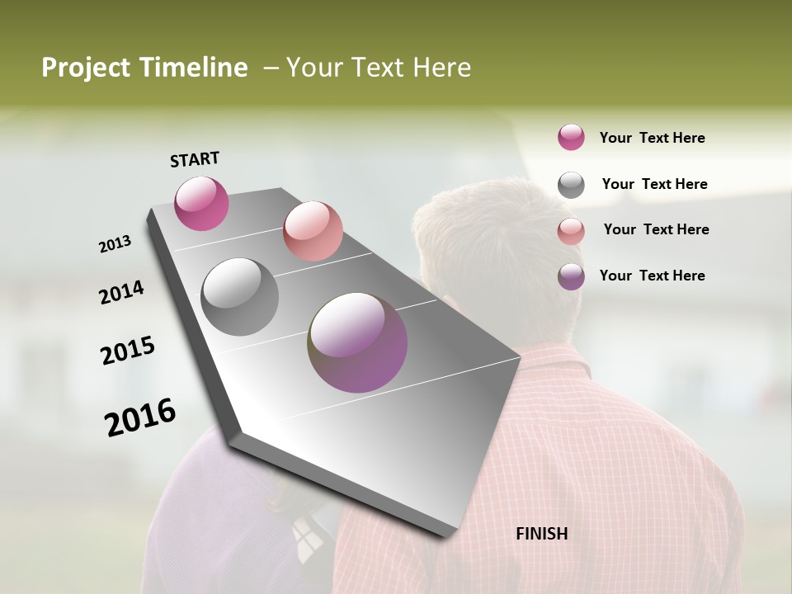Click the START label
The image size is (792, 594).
click(x=195, y=159)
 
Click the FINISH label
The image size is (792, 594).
click(x=542, y=534)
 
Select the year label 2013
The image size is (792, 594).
click(x=115, y=244)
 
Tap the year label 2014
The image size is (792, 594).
click(x=122, y=292)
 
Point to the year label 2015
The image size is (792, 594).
click(x=128, y=351)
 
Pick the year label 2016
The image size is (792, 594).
click(x=140, y=417)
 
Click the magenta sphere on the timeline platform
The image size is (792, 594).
click(x=201, y=203)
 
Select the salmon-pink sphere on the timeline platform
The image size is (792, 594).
click(x=313, y=231)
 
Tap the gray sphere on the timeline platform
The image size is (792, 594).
click(x=240, y=297)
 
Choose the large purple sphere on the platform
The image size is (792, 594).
click(x=358, y=342)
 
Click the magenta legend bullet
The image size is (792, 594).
click(x=571, y=137)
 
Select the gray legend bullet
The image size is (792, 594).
click(x=571, y=185)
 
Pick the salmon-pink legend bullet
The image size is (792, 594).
click(x=571, y=230)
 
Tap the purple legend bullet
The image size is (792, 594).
click(x=571, y=276)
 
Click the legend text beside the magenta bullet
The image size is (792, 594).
click(x=652, y=138)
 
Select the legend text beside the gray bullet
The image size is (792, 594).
click(x=654, y=184)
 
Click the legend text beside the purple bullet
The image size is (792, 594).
click(x=652, y=276)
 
